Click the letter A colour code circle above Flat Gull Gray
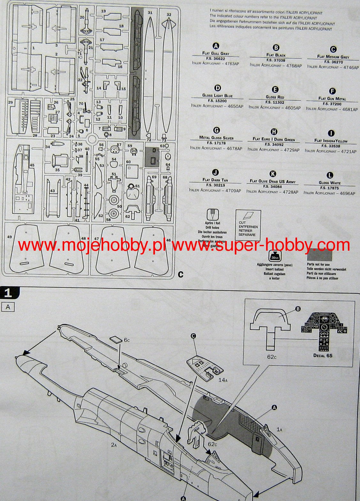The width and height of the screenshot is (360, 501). [x=216, y=46]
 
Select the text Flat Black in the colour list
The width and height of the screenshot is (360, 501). [x=276, y=55]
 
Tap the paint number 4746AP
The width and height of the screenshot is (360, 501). [x=351, y=68]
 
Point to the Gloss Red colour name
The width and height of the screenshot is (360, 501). [x=275, y=97]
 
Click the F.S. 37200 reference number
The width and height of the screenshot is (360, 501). [x=332, y=104]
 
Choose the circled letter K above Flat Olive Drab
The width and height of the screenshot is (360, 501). [x=272, y=174]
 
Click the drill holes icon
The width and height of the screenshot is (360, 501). [x=211, y=214]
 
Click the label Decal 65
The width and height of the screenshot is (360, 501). [x=323, y=356]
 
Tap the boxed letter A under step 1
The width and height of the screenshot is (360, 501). [x=8, y=307]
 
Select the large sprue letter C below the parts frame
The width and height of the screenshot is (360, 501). [x=180, y=274]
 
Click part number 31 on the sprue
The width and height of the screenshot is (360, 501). [x=150, y=13]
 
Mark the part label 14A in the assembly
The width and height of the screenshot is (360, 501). [x=223, y=380]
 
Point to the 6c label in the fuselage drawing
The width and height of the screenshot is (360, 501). [x=127, y=340]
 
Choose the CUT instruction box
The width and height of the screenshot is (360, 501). [x=248, y=225]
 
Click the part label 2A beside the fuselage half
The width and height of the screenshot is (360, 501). [x=114, y=444]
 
